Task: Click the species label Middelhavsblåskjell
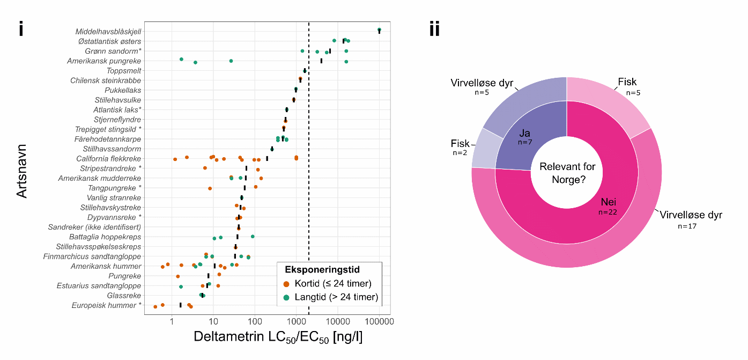tap(108, 31)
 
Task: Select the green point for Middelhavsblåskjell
tap(379, 30)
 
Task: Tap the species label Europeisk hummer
tap(107, 305)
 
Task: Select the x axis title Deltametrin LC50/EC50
tap(278, 338)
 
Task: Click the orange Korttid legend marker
tap(286, 284)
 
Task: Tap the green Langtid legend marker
tap(286, 297)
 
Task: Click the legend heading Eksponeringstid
tap(322, 269)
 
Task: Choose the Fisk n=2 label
tap(460, 143)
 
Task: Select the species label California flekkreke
tap(109, 158)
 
